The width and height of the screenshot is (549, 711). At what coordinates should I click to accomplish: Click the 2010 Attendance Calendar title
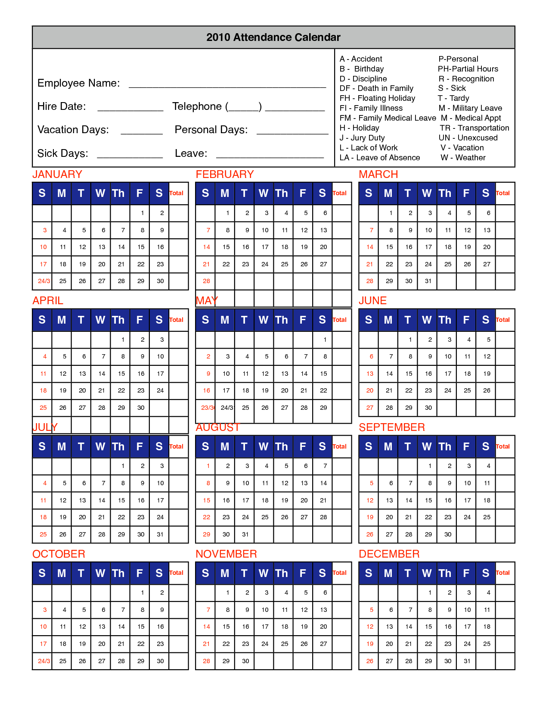click(273, 37)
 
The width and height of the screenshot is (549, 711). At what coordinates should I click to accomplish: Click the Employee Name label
click(79, 83)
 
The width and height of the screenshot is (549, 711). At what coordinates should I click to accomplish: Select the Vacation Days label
click(73, 130)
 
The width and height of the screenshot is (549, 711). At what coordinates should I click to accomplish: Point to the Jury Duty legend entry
click(362, 138)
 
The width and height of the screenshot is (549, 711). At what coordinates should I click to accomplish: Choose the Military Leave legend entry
click(470, 108)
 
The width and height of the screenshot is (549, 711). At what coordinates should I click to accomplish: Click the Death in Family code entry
click(376, 88)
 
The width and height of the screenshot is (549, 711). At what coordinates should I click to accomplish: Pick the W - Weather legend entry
click(463, 158)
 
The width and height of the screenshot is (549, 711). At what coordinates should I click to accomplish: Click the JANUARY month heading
click(57, 175)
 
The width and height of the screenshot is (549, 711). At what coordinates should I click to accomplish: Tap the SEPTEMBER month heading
click(392, 427)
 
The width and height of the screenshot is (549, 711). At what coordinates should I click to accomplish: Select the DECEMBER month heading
click(389, 554)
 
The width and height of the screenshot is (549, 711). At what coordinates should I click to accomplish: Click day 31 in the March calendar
click(428, 281)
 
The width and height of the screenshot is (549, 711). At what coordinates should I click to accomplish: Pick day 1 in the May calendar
click(325, 340)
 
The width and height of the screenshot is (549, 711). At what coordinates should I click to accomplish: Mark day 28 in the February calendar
click(206, 281)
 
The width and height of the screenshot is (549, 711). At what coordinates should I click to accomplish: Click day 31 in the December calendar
click(467, 661)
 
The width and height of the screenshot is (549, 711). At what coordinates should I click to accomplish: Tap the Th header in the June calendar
click(445, 320)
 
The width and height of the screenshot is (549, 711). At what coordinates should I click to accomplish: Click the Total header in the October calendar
click(176, 573)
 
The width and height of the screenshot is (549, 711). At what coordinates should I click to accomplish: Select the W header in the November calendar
click(264, 573)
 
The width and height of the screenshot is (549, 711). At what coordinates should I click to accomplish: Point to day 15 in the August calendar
click(206, 500)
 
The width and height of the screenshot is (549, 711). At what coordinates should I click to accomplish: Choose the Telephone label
click(197, 106)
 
